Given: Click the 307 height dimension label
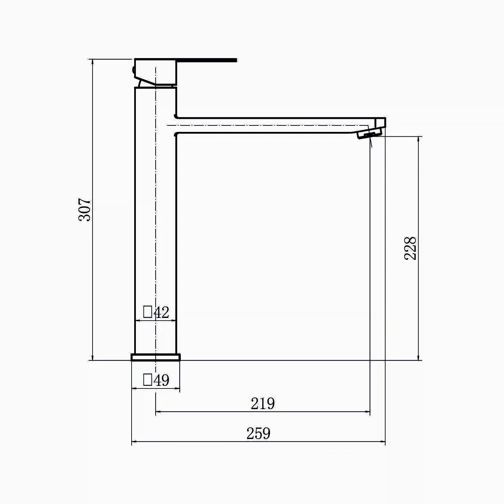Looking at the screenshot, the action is tap(84, 209).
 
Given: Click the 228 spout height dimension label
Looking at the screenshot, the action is tap(410, 248).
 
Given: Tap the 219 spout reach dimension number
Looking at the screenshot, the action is tap(263, 404).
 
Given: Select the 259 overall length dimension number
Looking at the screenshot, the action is tap(259, 433).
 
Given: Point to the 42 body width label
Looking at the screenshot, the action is tap(161, 312).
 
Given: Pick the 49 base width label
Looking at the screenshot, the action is tap(161, 380).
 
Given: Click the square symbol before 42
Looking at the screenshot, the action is tap(148, 312).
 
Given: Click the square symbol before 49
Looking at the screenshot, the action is tap(148, 380).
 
